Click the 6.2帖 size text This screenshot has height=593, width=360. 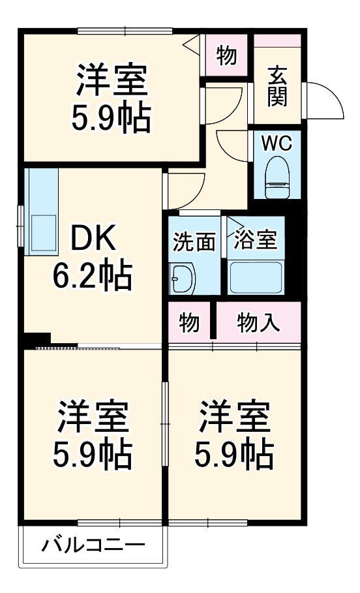(92, 276)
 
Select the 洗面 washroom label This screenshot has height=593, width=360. (194, 241)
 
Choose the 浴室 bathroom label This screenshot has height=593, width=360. (256, 240)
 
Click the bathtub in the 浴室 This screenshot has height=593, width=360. (256, 277)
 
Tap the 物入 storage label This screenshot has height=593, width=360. (259, 322)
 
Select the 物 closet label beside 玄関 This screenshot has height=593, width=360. (226, 56)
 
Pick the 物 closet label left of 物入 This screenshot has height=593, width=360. (188, 322)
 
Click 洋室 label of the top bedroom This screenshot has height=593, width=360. (112, 80)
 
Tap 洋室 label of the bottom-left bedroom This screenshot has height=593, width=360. (92, 417)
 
